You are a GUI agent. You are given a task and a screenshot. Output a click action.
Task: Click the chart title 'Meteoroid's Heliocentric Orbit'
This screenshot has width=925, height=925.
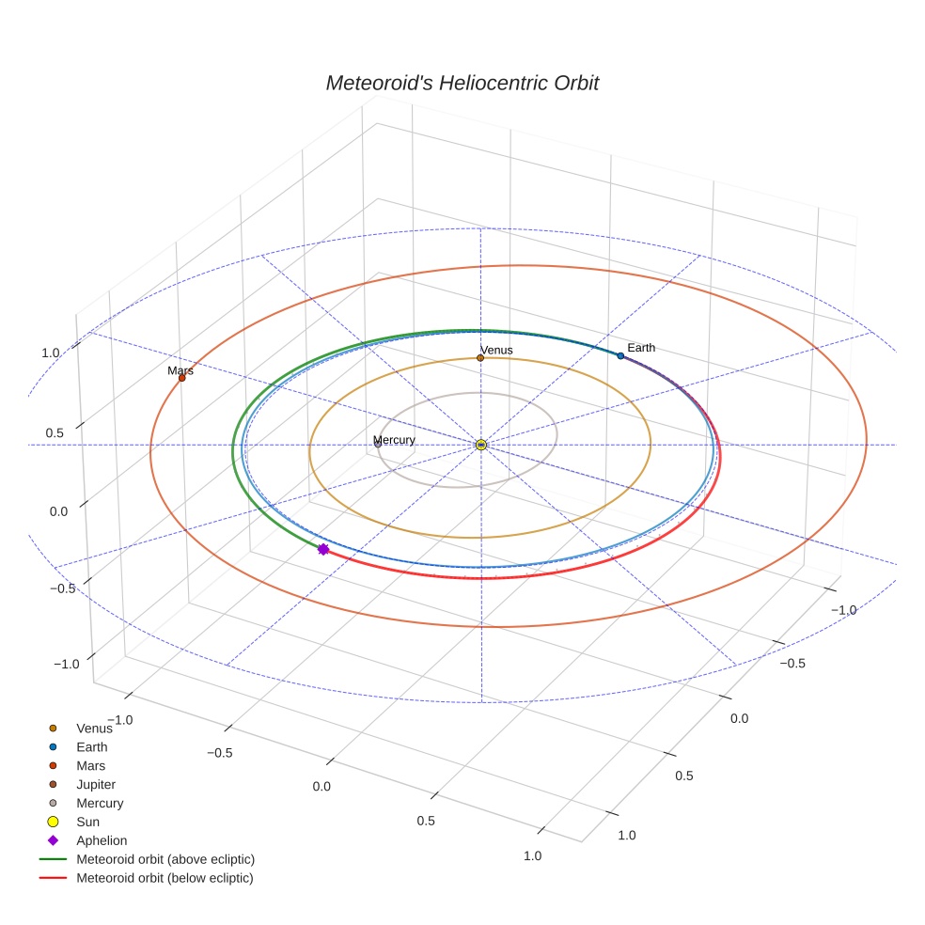462,83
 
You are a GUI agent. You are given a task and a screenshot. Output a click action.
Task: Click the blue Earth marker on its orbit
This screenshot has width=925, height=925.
620,355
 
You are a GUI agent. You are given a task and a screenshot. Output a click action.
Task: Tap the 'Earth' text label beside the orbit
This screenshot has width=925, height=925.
641,348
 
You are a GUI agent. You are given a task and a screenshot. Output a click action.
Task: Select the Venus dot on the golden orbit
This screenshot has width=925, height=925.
480,357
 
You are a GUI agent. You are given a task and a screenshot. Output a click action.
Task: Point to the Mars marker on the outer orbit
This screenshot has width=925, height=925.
181,378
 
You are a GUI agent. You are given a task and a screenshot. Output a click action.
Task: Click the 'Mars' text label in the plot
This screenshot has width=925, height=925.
180,370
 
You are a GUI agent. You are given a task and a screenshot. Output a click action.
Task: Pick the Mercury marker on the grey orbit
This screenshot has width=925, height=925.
378,445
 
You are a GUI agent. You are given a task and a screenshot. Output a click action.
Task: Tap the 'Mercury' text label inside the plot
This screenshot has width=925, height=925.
394,440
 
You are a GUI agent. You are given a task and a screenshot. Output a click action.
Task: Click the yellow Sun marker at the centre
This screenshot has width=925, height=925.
481,445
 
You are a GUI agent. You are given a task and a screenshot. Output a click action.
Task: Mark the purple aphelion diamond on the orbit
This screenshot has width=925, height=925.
322,549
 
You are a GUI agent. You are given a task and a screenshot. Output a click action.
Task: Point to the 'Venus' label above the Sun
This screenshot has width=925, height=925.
496,350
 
